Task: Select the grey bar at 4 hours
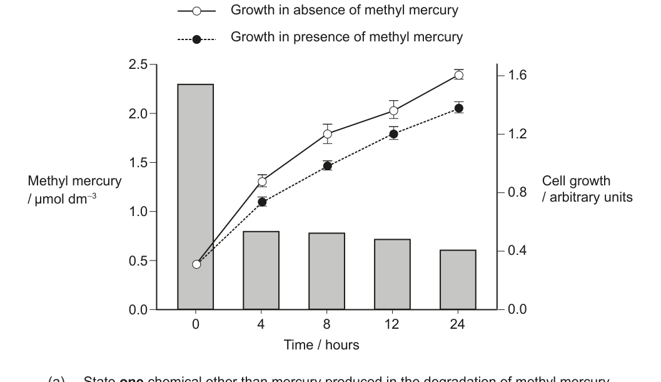[261, 270]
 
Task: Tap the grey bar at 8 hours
[326, 271]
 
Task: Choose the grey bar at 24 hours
[458, 279]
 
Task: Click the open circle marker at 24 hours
[458, 75]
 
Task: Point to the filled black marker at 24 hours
[458, 108]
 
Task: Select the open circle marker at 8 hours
[327, 134]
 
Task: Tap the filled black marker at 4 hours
[262, 202]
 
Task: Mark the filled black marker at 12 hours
[393, 134]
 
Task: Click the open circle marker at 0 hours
[196, 264]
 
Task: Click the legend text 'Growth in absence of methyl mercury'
[345, 11]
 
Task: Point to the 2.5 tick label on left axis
[137, 65]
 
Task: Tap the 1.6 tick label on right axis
[518, 75]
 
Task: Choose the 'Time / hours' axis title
[321, 345]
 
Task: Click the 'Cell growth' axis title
[575, 182]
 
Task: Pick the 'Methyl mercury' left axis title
[74, 182]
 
